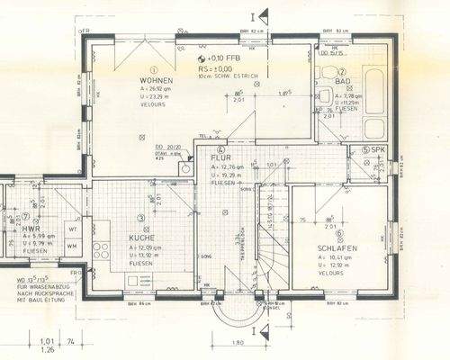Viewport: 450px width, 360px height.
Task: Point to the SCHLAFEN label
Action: (337, 248)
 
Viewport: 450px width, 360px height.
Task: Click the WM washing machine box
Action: (72, 246)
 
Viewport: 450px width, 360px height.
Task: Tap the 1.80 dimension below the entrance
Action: (238, 343)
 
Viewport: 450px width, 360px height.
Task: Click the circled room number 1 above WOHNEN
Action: (155, 68)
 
